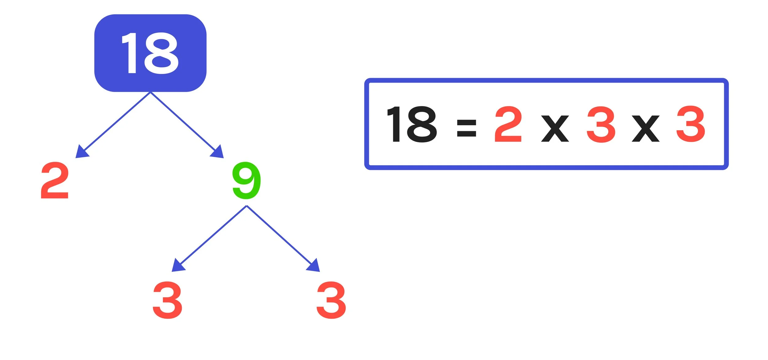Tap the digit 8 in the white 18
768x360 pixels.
pos(161,53)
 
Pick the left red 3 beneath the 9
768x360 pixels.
pos(167,300)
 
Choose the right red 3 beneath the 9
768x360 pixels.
pos(331,300)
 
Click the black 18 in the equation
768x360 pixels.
pos(412,124)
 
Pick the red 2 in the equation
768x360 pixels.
pos(508,124)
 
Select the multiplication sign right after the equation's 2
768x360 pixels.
pos(555,129)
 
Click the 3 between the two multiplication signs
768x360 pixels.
pos(601,124)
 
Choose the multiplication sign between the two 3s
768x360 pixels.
pos(645,129)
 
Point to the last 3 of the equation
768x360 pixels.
pos(691,124)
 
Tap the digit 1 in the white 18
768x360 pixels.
pos(131,53)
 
